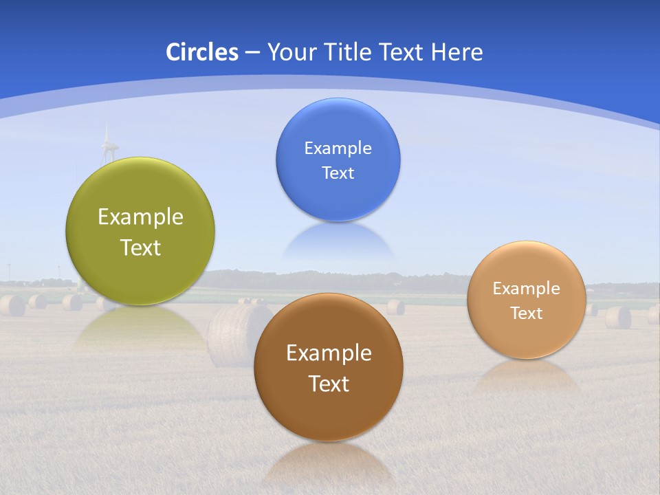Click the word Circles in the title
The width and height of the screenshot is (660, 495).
click(x=201, y=52)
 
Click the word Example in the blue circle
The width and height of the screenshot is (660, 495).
click(x=338, y=148)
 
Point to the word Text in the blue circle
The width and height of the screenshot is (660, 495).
click(x=338, y=173)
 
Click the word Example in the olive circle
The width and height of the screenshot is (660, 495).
click(x=140, y=217)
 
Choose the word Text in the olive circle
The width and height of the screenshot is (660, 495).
click(x=140, y=247)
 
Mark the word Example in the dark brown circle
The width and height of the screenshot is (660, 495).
click(x=329, y=353)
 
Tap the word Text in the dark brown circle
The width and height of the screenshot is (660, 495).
click(x=329, y=384)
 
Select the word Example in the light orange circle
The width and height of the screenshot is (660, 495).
click(x=526, y=289)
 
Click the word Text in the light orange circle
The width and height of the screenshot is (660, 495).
click(x=526, y=313)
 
